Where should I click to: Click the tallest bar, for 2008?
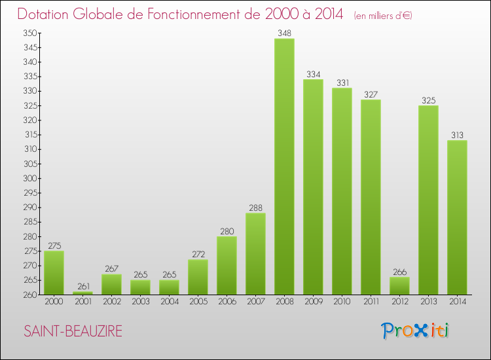[284, 166]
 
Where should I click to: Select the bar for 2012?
[399, 285]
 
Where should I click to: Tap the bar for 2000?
[54, 272]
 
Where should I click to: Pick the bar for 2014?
[457, 217]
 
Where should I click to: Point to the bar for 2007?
[255, 253]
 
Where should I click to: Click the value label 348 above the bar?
[284, 33]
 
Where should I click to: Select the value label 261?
[82, 286]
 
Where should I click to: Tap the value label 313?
[457, 135]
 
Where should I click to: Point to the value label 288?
[255, 207]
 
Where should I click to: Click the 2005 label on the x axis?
[198, 301]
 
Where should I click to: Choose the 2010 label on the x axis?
[342, 301]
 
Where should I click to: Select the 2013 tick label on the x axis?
[428, 301]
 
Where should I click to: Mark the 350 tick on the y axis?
[30, 33]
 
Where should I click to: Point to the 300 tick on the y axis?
[30, 178]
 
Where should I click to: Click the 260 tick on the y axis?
[30, 295]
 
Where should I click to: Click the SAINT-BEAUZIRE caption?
[73, 331]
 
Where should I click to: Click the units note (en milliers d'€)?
[383, 16]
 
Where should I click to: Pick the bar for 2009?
[313, 187]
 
